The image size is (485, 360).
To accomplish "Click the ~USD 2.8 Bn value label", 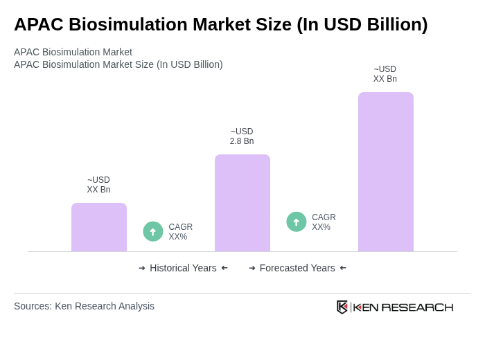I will pyautogui.click(x=242, y=136).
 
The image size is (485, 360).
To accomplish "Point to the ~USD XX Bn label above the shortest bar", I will pyautogui.click(x=98, y=185).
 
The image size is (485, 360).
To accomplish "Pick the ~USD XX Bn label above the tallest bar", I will pyautogui.click(x=385, y=74).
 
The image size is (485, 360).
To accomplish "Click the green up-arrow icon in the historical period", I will pyautogui.click(x=153, y=232).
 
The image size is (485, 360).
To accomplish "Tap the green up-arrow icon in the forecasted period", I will pyautogui.click(x=297, y=222).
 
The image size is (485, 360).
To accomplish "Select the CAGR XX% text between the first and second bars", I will pyautogui.click(x=181, y=232).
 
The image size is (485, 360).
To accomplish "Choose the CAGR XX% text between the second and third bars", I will pyautogui.click(x=324, y=222).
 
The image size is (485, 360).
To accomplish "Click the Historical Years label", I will pyautogui.click(x=183, y=268).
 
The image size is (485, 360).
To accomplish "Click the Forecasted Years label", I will pyautogui.click(x=297, y=268).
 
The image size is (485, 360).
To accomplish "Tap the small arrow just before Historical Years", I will pyautogui.click(x=142, y=268).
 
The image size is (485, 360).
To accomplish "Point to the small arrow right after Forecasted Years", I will pyautogui.click(x=343, y=268).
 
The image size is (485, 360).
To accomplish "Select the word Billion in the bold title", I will pyautogui.click(x=391, y=24).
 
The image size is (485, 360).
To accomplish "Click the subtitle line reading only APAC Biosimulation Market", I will pyautogui.click(x=73, y=52).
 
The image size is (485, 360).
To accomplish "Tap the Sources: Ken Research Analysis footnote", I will pyautogui.click(x=84, y=306).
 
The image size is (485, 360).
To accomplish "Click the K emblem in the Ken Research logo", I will pyautogui.click(x=342, y=307).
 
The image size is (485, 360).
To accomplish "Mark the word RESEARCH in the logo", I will pyautogui.click(x=417, y=307).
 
